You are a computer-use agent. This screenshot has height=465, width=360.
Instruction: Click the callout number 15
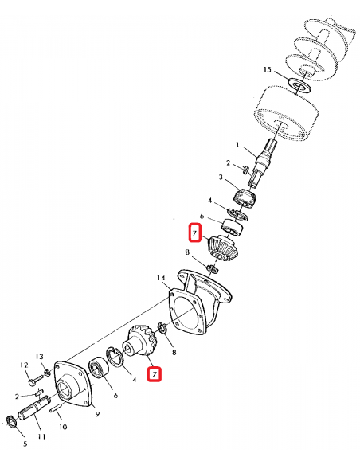click(268, 70)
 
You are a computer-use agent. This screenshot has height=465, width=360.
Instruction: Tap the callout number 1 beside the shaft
click(237, 146)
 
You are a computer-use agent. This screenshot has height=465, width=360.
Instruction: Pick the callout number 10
click(64, 427)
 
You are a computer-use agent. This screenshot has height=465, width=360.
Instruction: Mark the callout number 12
click(22, 365)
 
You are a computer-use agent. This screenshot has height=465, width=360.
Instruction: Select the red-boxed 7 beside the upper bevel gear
click(192, 233)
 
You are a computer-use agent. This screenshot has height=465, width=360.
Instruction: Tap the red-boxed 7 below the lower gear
click(154, 373)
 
